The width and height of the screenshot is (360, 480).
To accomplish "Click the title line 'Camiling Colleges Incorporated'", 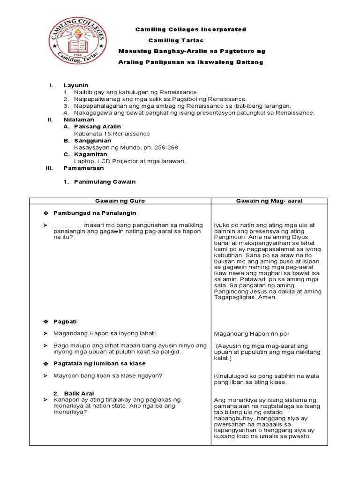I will pos(191,30).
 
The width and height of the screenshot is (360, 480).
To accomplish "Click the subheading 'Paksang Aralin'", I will pos(97,127).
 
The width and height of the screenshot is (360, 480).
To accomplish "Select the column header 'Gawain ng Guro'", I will pos(120,201).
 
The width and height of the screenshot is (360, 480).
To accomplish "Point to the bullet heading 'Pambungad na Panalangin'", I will pos(95,213).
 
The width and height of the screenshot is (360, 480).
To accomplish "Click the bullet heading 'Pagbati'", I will pos(65,322).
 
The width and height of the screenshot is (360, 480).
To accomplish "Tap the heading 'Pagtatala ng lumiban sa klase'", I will pos(99,363).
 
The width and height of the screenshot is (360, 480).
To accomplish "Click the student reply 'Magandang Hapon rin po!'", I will pos(251,334).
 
